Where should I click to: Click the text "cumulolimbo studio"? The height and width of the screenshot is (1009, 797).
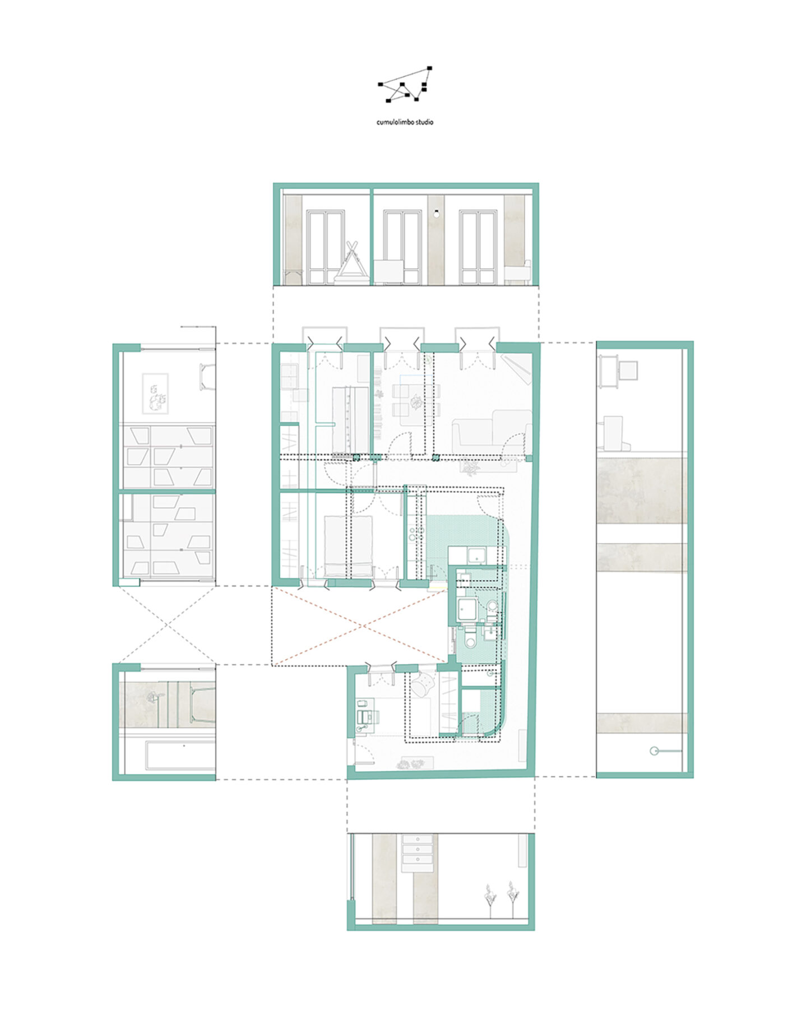[x=405, y=122]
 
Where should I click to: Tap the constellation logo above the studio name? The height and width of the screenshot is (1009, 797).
[x=405, y=85]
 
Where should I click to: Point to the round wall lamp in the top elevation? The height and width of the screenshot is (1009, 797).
[x=436, y=213]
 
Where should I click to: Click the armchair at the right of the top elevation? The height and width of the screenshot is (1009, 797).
[x=517, y=272]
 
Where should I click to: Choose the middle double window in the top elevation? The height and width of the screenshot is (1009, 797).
[x=402, y=247]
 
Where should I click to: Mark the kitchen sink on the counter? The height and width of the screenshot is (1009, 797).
[x=477, y=556]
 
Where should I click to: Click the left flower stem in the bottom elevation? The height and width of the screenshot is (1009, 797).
[x=490, y=899]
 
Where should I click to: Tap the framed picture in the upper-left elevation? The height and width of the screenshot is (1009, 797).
[x=155, y=394]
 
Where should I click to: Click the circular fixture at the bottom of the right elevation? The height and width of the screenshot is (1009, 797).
[x=654, y=751]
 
